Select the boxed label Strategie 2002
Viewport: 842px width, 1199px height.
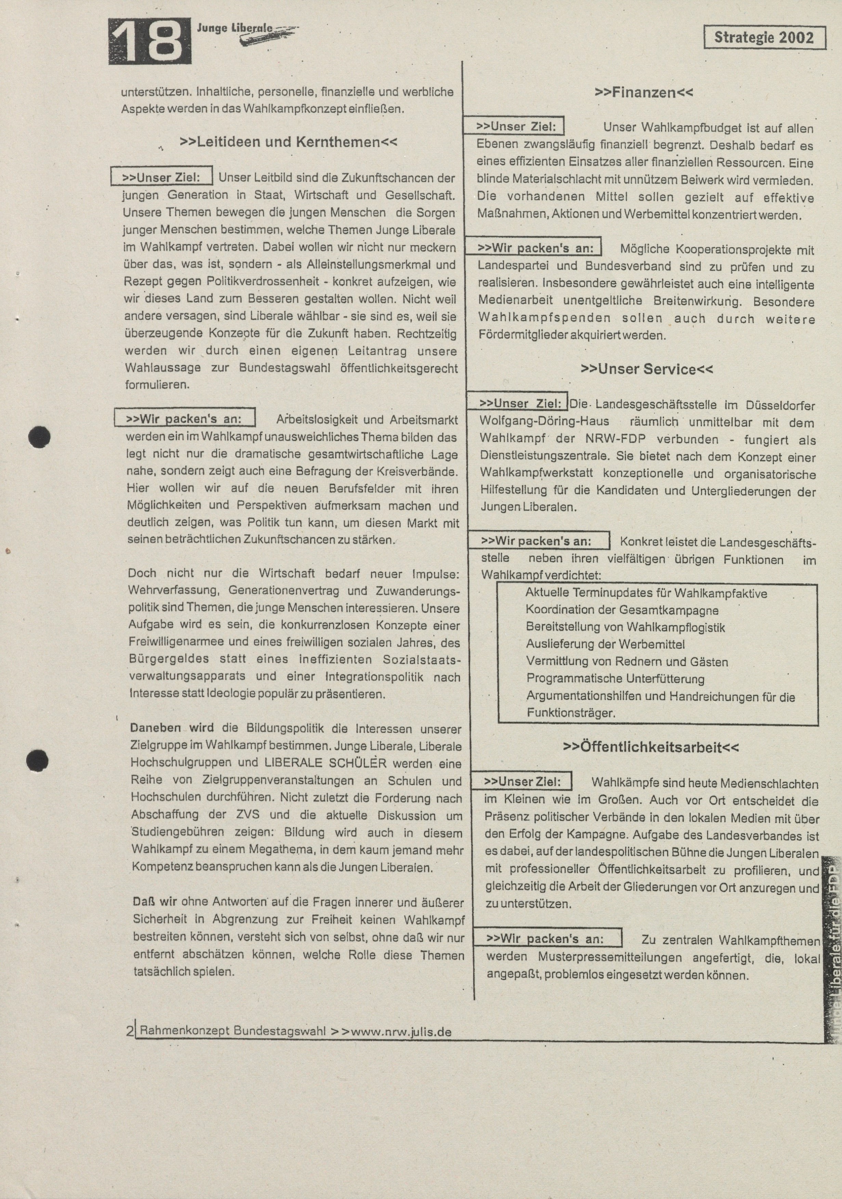[x=764, y=38]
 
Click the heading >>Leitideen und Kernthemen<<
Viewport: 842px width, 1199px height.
[x=289, y=142]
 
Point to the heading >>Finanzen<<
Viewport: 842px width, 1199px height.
[x=644, y=93]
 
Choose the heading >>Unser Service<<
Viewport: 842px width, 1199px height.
[x=646, y=369]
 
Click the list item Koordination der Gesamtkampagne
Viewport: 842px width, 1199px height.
[x=622, y=610]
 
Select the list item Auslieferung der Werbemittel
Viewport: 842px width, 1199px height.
[x=605, y=644]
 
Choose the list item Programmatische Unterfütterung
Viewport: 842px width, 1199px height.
[x=615, y=679]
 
